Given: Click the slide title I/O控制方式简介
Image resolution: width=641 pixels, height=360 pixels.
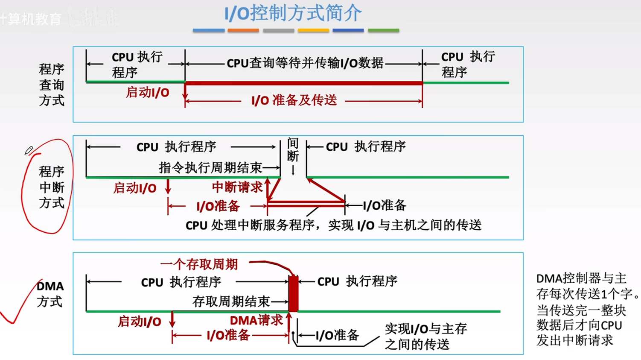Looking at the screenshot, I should coord(293,13).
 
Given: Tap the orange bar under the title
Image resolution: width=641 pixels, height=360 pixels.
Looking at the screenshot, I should coord(243,30).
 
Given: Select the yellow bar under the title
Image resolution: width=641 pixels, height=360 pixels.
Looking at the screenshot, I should coord(313,30).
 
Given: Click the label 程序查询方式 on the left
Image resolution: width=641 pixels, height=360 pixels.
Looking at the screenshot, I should coord(52,85).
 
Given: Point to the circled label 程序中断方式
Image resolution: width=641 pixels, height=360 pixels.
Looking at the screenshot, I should coord(52,187).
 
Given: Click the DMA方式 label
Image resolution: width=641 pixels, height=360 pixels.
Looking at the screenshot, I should coord(50,294).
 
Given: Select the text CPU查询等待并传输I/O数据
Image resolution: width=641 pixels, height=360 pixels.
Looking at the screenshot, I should coord(305,63).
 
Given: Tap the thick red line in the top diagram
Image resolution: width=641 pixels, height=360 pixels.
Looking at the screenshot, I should coord(303,83).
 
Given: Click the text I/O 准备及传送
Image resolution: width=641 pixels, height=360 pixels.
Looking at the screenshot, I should coord(294,100).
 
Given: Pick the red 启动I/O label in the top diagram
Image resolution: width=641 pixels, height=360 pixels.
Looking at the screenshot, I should coord(147,92).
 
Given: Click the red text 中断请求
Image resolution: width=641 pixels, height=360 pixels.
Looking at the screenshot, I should coord(237,187).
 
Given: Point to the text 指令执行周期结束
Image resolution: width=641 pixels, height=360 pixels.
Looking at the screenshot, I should coord(210,167).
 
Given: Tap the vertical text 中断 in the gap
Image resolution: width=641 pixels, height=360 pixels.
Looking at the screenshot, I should coord(293,150).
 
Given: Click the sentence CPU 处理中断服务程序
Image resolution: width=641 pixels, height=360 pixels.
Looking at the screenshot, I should coord(333,225).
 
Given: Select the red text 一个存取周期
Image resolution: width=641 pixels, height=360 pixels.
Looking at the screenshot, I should coord(199,264).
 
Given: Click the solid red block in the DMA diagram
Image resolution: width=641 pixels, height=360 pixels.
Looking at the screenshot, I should coord(293,294).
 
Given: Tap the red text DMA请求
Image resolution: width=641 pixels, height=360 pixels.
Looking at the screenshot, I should coord(256,320).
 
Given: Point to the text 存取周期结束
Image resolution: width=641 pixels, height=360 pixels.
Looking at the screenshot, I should coord(231,301).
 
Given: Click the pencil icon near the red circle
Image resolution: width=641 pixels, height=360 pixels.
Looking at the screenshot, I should coord(29,150).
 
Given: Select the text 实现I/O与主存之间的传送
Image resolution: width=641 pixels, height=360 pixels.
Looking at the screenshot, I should coord(425,336).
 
